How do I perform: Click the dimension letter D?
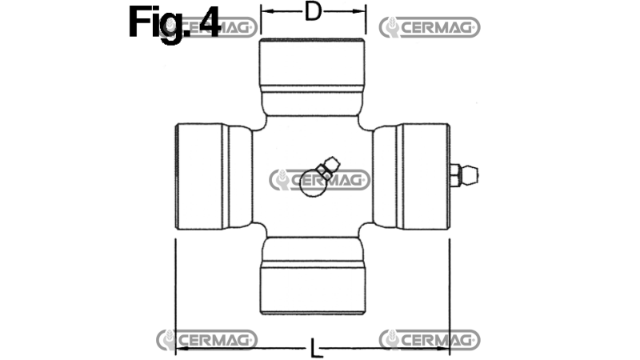point(314,12)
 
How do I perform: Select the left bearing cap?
point(205,177)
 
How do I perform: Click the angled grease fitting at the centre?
point(326,166)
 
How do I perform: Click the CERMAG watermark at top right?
point(430,27)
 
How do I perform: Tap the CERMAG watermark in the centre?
point(319,180)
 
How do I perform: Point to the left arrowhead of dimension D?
point(264,12)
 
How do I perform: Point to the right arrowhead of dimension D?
point(362,12)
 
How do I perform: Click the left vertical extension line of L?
point(175,296)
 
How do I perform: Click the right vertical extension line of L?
point(450,296)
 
